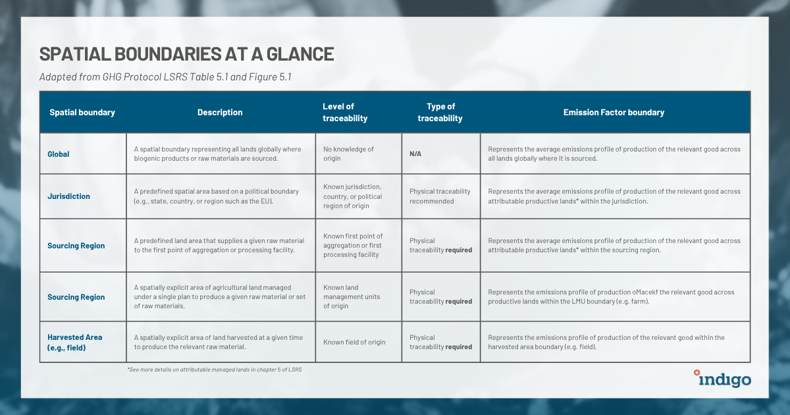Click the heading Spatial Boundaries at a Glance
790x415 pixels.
click(x=187, y=54)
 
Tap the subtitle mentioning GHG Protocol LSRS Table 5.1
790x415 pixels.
click(x=165, y=76)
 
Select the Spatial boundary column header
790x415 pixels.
click(x=82, y=113)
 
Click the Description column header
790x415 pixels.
click(x=220, y=113)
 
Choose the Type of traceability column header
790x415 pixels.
click(x=440, y=113)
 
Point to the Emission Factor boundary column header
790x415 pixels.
click(x=614, y=113)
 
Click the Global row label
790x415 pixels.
click(x=59, y=154)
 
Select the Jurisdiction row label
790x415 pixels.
click(x=68, y=196)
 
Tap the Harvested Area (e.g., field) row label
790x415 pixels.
click(x=74, y=342)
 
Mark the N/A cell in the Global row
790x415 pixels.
click(x=416, y=154)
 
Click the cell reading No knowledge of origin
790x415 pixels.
click(x=348, y=154)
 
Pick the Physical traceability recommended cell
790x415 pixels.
click(x=440, y=196)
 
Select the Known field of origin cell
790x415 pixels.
click(x=354, y=342)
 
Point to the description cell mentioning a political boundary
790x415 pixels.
click(x=217, y=196)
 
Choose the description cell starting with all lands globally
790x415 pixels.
click(x=217, y=154)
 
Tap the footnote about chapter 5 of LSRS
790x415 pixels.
click(x=215, y=370)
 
